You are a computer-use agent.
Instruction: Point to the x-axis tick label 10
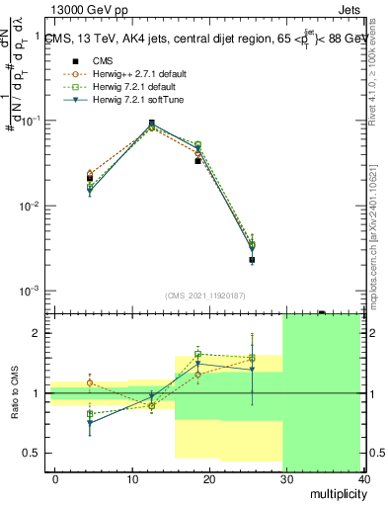[x=130, y=477]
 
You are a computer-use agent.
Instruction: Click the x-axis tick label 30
[x=284, y=477]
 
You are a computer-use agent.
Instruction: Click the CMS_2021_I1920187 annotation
[x=205, y=295]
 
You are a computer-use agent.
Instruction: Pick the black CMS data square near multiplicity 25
[x=252, y=260]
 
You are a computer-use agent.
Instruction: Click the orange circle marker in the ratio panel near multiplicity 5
[x=91, y=382]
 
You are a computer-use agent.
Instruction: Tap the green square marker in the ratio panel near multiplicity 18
[x=198, y=354]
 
